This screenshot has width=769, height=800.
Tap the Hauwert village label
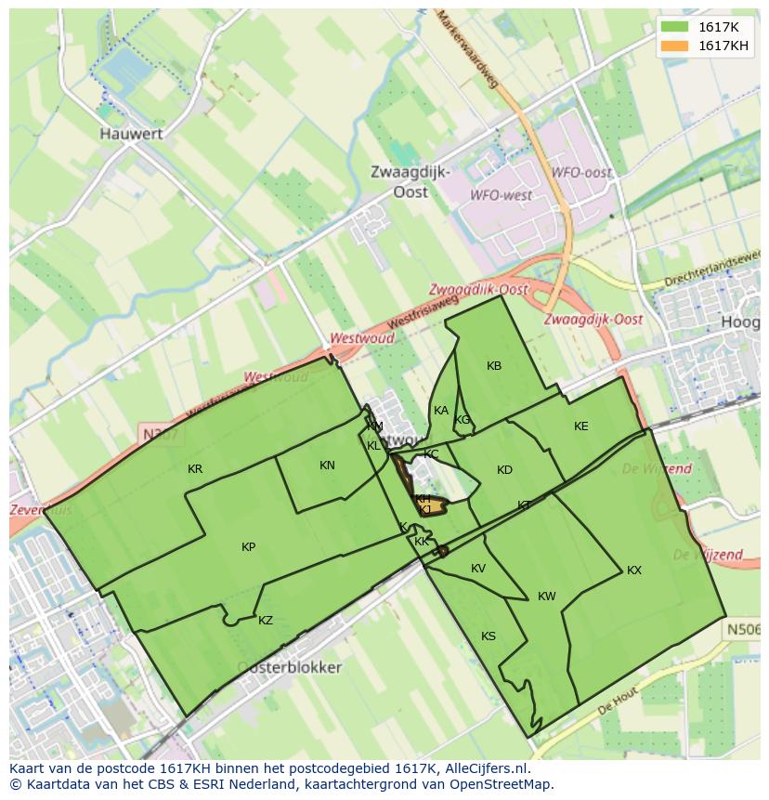pos(131,134)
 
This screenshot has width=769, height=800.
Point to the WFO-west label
pos(502,195)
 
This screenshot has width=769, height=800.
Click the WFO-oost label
pos(581,173)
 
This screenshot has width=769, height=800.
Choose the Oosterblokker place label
pos(289,667)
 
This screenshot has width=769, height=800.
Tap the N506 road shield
pos(742,630)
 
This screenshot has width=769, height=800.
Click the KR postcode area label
pos(195,469)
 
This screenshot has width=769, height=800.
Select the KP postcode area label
pos(248,547)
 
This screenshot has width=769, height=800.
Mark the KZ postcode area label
pos(266,621)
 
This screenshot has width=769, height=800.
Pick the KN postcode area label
pos(327,466)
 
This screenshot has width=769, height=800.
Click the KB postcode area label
pos(494,366)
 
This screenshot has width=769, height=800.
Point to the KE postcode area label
pos(581,426)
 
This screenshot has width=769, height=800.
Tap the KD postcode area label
pos(504,470)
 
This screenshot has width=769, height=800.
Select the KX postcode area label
pos(634,570)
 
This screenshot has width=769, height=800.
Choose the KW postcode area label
pos(547,597)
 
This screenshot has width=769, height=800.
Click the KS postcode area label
pos(489,636)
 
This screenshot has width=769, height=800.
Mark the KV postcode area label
pos(478,569)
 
